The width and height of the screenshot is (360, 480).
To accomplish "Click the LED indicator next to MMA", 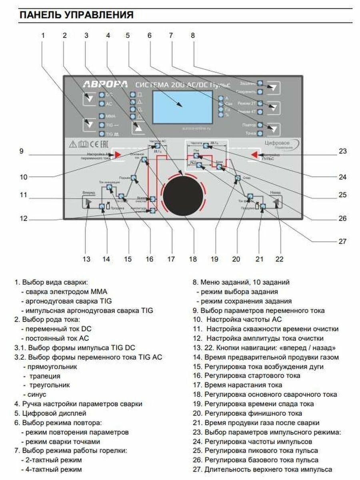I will tap(101, 116).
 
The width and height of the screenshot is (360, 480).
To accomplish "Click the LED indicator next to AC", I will tap(101, 104).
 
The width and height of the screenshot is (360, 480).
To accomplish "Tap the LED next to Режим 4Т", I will tap(260, 112).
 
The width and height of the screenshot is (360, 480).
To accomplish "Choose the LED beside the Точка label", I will tap(260, 133).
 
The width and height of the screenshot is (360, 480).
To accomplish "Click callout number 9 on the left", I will tap(22, 151).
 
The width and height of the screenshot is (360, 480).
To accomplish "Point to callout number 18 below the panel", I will tap(193, 259).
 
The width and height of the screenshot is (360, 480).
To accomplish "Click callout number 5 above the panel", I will tap(128, 35).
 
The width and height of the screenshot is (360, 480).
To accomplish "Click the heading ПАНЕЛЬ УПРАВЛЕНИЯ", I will tap(76, 15).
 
